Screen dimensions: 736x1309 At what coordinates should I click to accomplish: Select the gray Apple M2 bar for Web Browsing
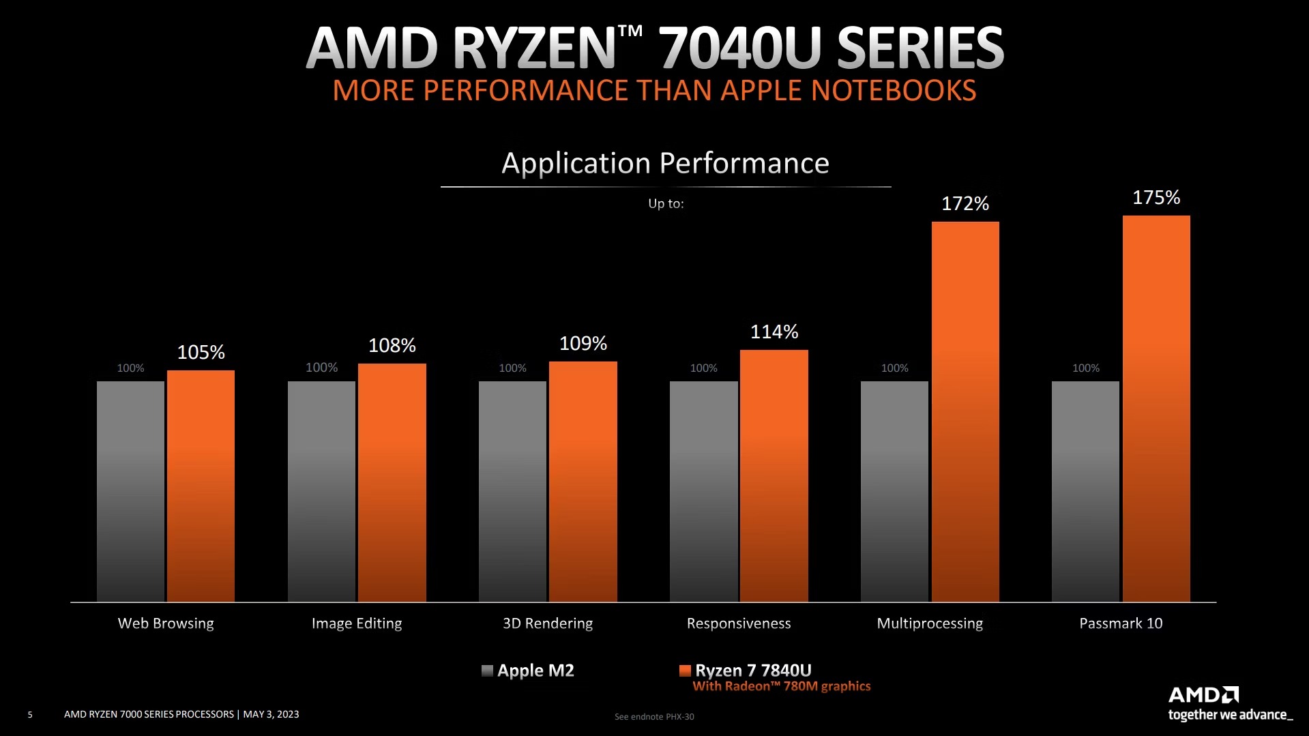[130, 491]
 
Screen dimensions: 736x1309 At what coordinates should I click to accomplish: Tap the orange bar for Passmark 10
[1156, 409]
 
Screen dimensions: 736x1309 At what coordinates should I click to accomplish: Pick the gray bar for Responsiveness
[703, 491]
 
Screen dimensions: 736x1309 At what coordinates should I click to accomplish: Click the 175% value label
[1156, 198]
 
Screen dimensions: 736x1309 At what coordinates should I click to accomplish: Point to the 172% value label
[965, 203]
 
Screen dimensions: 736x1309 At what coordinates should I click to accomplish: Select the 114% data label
[774, 332]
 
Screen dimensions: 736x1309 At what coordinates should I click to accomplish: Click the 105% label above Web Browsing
[201, 352]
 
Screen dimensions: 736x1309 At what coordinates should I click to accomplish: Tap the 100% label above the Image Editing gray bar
[321, 368]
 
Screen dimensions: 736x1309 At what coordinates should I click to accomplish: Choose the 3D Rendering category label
[548, 623]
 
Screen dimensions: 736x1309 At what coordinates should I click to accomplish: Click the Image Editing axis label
[357, 623]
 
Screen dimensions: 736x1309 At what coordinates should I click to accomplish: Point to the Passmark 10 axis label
[1121, 623]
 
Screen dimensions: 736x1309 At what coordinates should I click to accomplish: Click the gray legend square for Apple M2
[487, 671]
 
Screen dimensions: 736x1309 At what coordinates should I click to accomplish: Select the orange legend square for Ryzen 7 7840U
[685, 671]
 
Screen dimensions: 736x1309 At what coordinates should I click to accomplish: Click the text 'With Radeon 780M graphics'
[782, 686]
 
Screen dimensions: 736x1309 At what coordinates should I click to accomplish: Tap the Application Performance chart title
[665, 163]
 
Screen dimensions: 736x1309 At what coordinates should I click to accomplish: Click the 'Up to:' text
[666, 203]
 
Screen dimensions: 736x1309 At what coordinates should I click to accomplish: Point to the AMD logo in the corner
[1203, 695]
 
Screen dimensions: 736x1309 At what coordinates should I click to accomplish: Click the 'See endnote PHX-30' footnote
[654, 716]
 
